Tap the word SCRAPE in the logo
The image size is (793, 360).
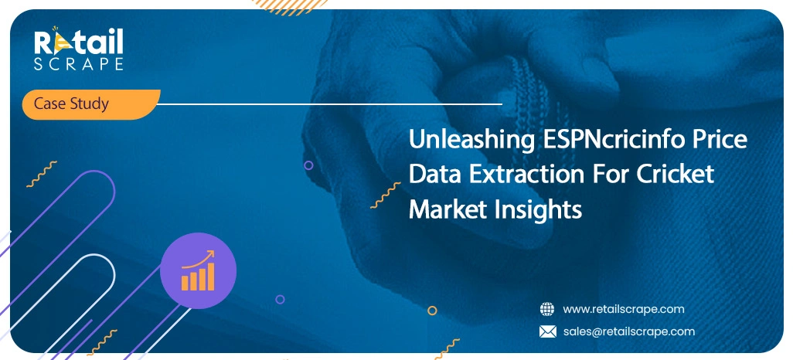(77, 65)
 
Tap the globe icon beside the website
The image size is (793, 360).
(547, 309)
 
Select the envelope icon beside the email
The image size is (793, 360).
(547, 331)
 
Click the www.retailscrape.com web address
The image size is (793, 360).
(623, 309)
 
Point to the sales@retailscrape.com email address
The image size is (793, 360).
(628, 331)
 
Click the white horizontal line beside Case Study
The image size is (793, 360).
(332, 104)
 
